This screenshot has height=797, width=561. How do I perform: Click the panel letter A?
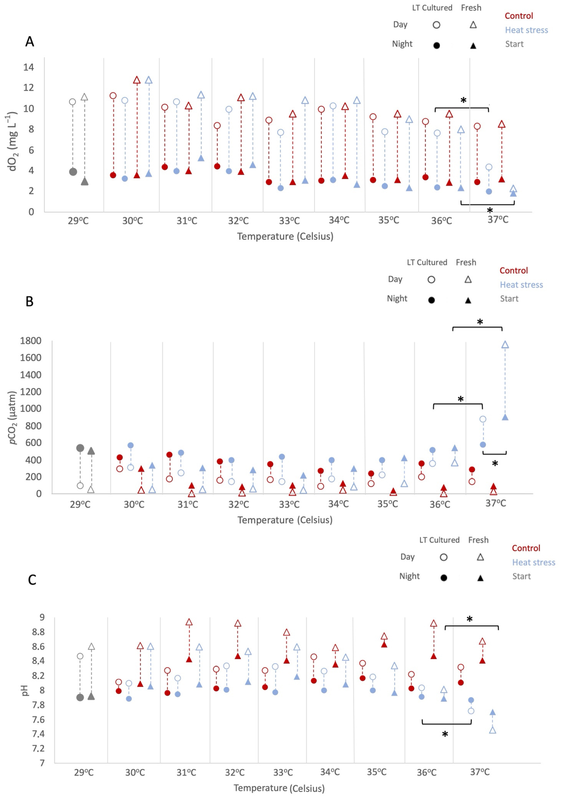tap(30, 42)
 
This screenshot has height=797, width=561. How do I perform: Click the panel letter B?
tap(30, 301)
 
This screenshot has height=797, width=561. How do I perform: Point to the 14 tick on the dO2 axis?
tap(29, 67)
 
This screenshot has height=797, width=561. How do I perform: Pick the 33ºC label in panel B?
tap(289, 504)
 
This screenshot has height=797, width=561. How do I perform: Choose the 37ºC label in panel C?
tap(480, 772)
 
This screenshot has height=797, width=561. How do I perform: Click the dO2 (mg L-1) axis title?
tap(13, 141)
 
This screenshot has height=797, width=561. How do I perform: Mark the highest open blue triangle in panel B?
tap(505, 344)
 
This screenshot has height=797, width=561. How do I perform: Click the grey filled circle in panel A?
tap(73, 171)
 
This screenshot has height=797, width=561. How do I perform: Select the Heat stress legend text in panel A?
tap(526, 30)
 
